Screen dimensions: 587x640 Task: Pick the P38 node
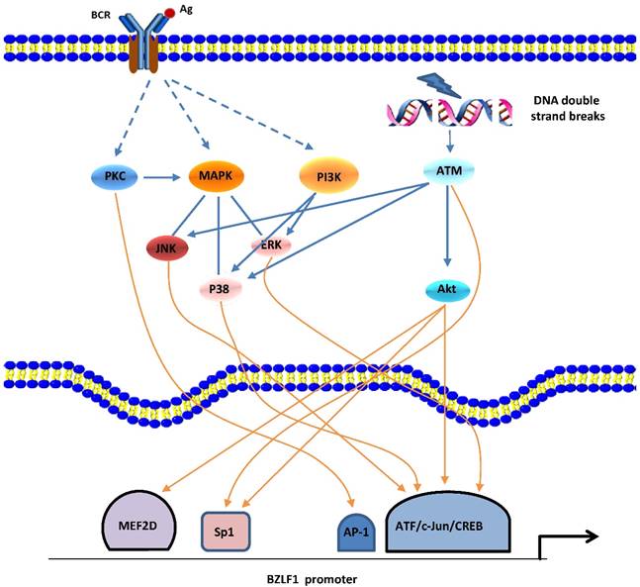tap(222, 288)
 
